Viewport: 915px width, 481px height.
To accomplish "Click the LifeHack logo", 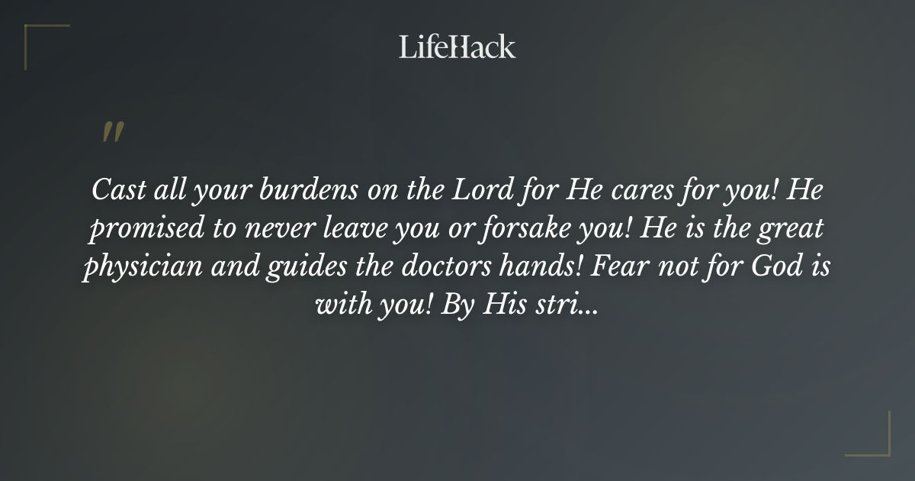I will click(457, 47).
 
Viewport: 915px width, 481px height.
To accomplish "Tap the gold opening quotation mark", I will click(112, 132).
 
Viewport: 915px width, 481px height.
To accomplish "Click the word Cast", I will click(114, 190).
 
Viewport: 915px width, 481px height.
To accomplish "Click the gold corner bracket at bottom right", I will click(877, 443).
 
